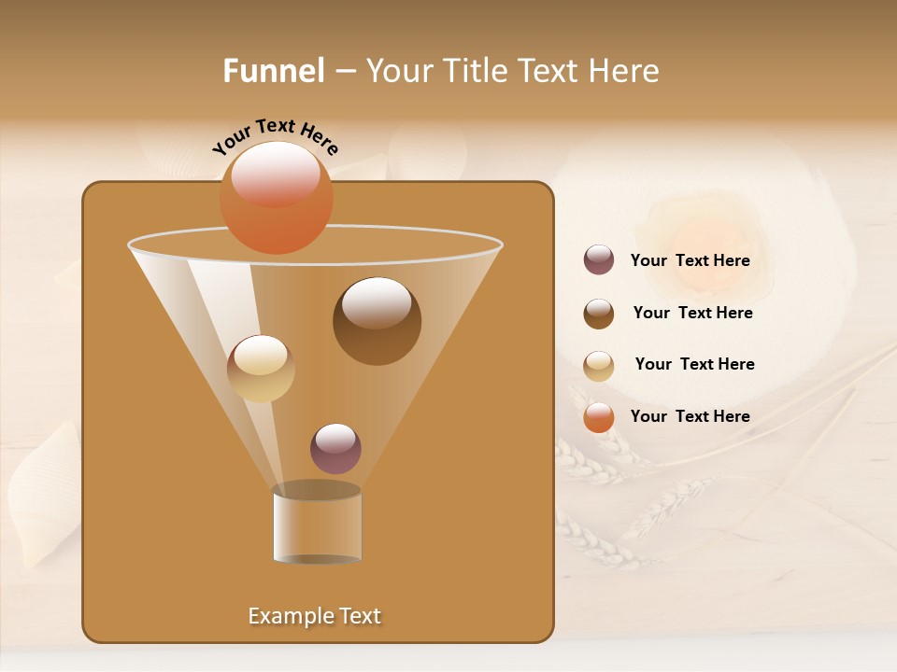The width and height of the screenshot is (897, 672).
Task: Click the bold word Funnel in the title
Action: point(274,71)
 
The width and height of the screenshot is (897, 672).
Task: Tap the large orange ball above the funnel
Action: point(277,197)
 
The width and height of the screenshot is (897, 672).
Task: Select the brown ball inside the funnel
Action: point(377,321)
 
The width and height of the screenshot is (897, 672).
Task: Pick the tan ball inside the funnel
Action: point(261,369)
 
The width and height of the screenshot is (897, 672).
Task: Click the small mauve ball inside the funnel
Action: point(335,449)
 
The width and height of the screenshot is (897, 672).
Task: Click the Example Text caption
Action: point(315,616)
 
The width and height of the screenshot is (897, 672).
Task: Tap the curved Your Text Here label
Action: point(276,135)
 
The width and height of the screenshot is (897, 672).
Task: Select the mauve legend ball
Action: point(599,260)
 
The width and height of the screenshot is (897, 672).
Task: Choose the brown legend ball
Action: point(599,314)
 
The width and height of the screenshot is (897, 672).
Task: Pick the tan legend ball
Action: point(599,366)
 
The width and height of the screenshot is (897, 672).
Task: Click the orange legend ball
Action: point(599,417)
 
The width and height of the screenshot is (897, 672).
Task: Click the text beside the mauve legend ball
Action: point(690,261)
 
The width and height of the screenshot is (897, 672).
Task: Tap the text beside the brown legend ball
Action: point(692,314)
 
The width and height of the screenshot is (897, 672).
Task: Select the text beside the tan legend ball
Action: point(694,365)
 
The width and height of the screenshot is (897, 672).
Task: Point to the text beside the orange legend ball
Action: point(690,416)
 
